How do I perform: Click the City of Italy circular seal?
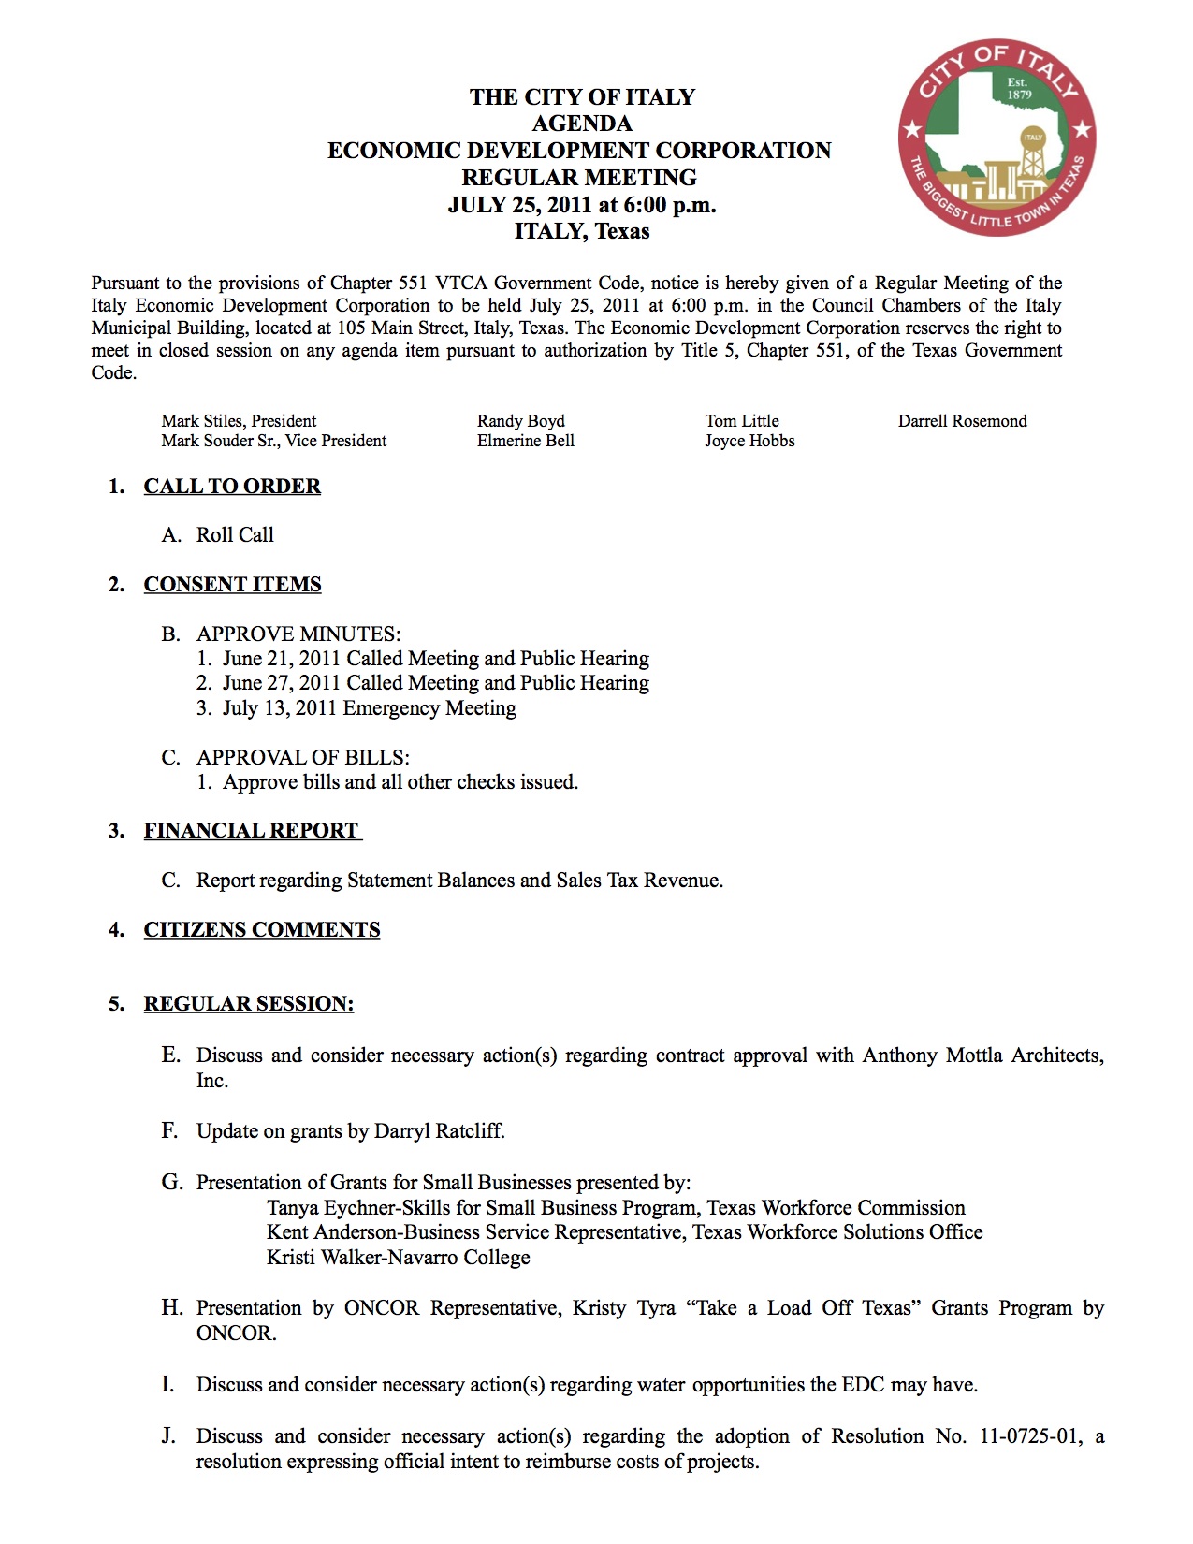pos(997,138)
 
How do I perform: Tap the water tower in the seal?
pos(1032,155)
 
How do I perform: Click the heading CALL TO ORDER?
pos(232,487)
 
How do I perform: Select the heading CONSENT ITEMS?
pos(232,585)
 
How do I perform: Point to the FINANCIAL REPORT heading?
pos(251,831)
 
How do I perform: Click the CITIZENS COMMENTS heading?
pos(262,930)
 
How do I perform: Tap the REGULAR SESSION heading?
pos(249,1004)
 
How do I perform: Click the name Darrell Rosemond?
pos(962,421)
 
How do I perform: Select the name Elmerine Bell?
pos(525,441)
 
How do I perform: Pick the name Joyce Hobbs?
pos(749,441)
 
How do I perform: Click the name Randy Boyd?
pos(520,421)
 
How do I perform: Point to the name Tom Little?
pos(742,421)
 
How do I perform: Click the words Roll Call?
pos(235,535)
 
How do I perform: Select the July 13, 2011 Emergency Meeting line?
pos(369,708)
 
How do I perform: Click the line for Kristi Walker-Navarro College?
pos(398,1258)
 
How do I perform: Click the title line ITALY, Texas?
pos(581,231)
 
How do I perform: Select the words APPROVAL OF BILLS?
pos(302,758)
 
